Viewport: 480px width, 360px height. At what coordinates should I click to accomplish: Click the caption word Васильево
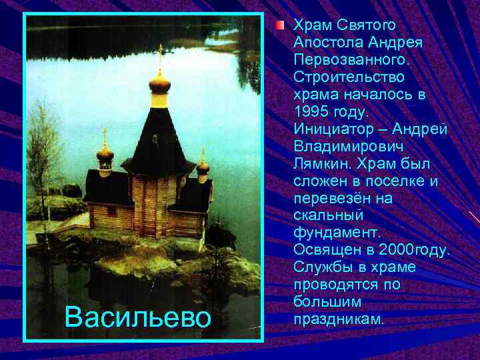137,317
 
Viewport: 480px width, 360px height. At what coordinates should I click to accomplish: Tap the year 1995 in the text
313,111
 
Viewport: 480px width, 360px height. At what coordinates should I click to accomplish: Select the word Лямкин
321,163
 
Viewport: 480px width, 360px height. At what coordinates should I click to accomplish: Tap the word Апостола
325,42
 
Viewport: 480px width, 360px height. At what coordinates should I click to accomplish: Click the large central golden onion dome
159,83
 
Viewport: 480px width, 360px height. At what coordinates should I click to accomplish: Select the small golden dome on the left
105,154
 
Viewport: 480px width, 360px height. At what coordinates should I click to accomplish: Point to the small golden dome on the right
203,166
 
